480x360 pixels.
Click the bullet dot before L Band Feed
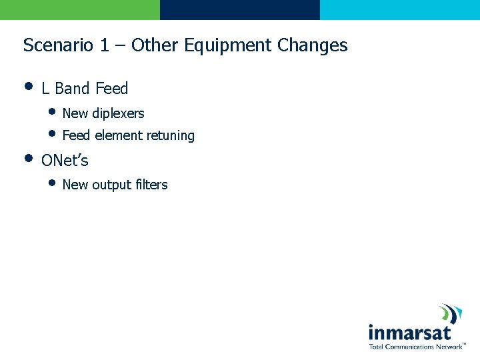28,86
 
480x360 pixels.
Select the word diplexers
118,114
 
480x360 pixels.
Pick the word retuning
171,136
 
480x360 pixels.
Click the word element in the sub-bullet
118,136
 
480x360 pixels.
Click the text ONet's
65,161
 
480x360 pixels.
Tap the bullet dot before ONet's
28,159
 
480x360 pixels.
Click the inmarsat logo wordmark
409,332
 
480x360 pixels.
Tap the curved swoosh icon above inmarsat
451,314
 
